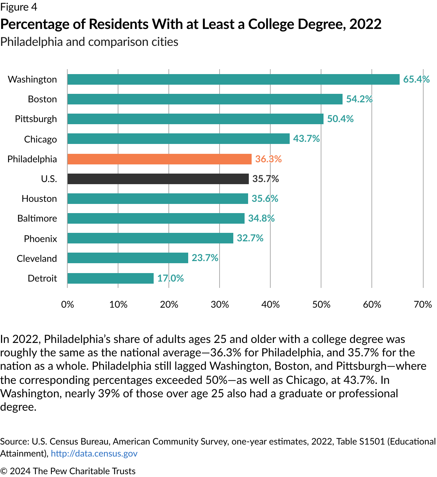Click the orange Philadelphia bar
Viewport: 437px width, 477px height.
click(159, 159)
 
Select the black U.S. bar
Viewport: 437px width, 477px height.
click(158, 179)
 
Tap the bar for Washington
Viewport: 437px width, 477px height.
click(233, 79)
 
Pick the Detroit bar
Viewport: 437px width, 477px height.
click(110, 278)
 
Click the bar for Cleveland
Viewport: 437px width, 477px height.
click(128, 258)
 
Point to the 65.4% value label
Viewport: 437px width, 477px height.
click(416, 79)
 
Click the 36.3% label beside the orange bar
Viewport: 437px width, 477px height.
click(268, 159)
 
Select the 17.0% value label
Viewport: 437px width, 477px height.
click(170, 278)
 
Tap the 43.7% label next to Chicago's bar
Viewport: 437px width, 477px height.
click(306, 139)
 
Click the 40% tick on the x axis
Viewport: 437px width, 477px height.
click(270, 304)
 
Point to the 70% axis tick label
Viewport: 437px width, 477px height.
click(423, 304)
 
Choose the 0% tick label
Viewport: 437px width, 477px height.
click(67, 304)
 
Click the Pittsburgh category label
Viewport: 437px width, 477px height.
click(36, 119)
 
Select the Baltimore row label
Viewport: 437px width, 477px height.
click(37, 218)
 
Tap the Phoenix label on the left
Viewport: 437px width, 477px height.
click(40, 239)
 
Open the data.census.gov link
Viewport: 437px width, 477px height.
click(94, 453)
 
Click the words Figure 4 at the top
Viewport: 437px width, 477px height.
click(19, 7)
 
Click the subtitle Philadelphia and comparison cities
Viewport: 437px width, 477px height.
click(89, 42)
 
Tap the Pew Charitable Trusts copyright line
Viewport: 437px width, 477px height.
click(68, 471)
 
